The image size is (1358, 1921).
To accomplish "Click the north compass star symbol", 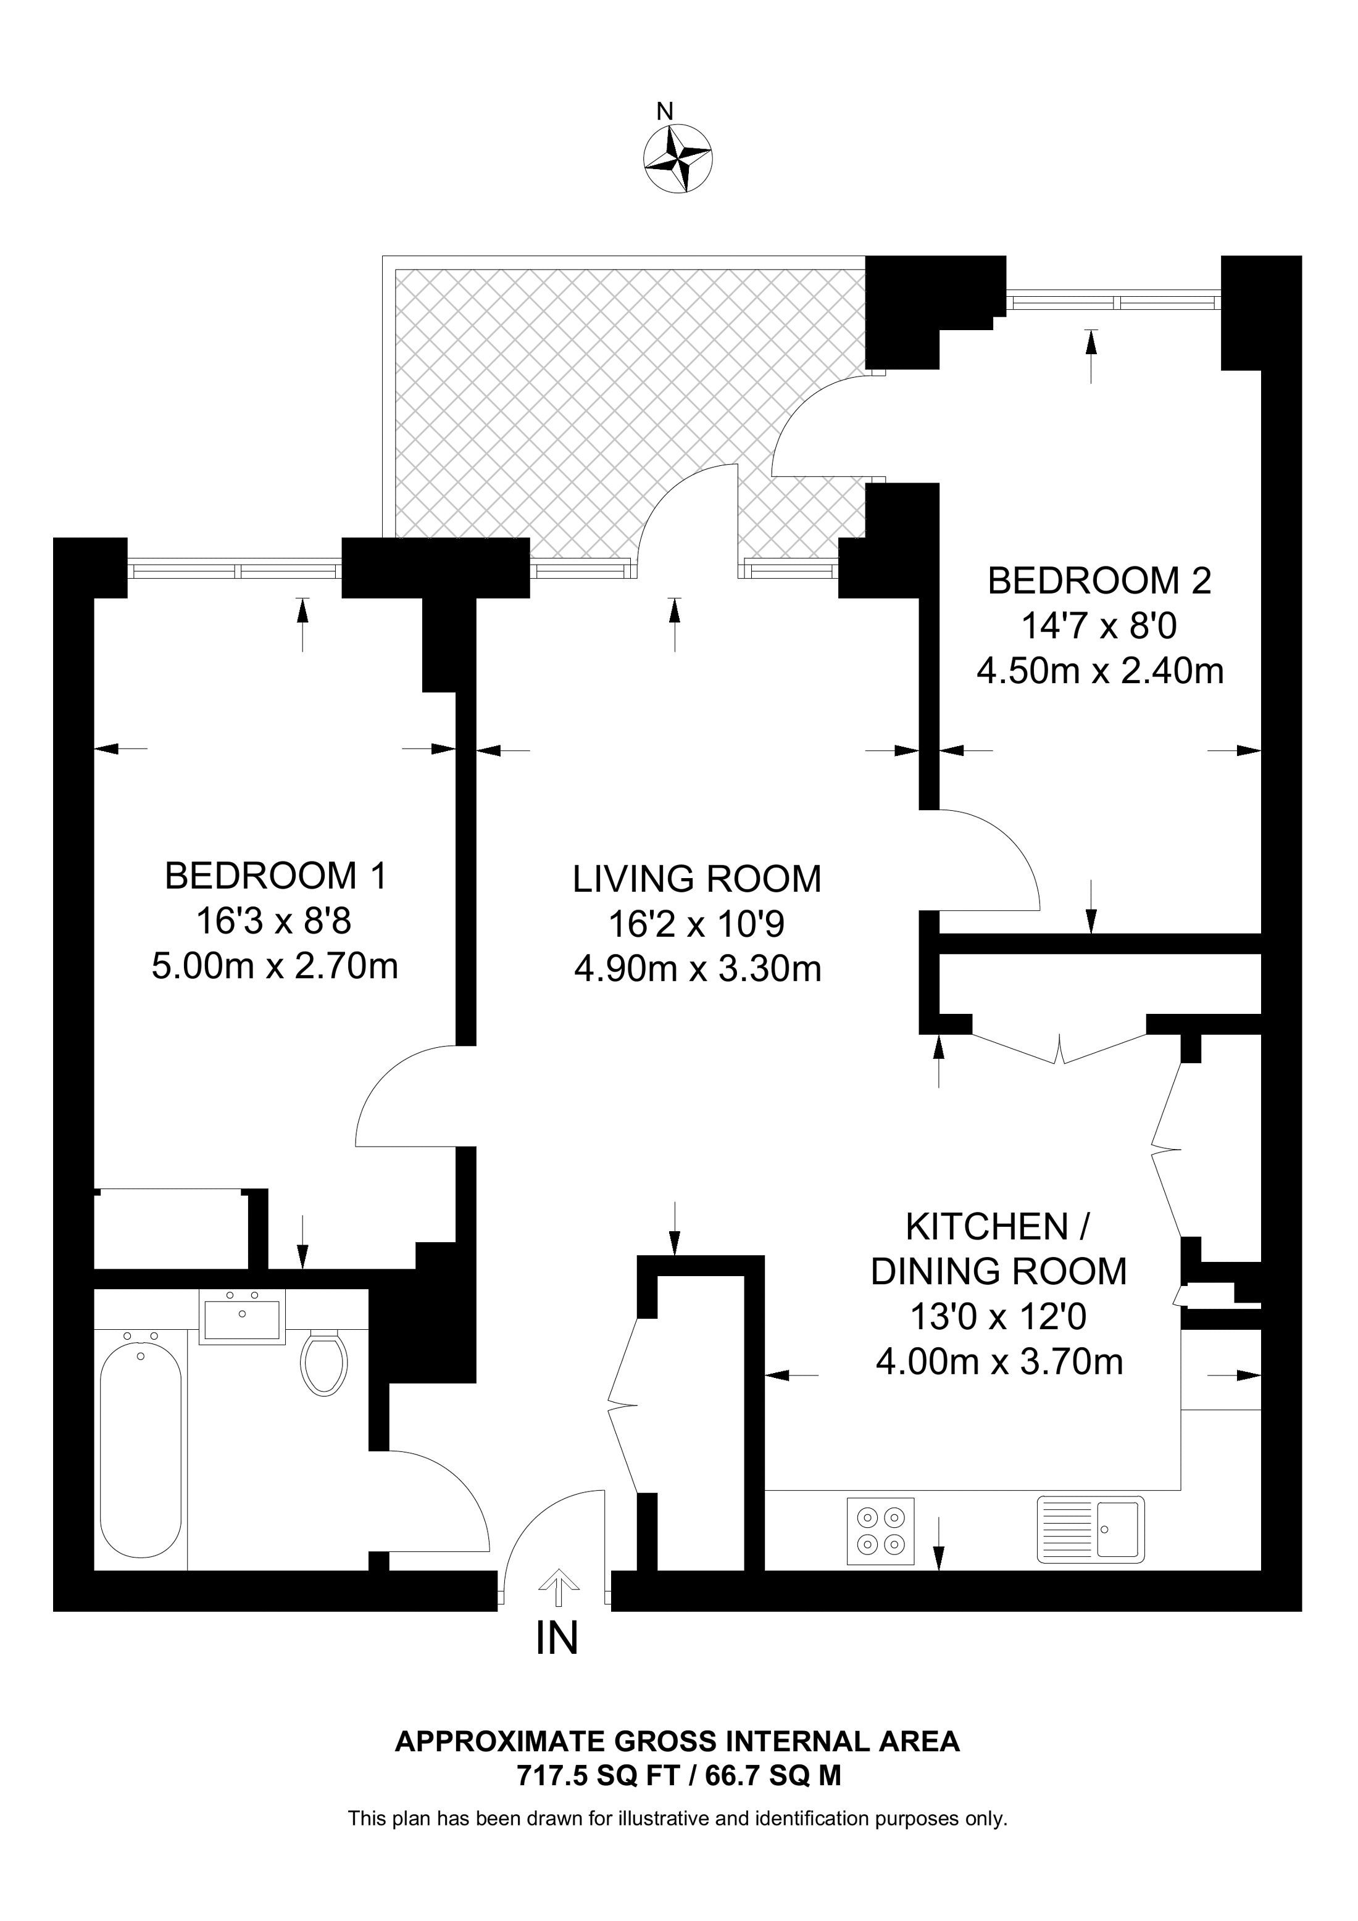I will click(x=678, y=157).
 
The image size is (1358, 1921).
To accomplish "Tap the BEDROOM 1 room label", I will click(x=275, y=876).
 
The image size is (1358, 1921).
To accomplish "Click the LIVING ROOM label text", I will click(x=697, y=879).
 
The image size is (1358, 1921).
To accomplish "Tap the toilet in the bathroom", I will click(x=325, y=1363).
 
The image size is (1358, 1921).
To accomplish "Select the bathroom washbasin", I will click(x=242, y=1316).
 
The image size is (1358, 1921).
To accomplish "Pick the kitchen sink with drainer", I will click(x=1090, y=1529).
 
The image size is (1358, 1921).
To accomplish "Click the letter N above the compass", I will click(x=665, y=111).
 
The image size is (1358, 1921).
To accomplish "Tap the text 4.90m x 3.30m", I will click(x=697, y=969).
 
